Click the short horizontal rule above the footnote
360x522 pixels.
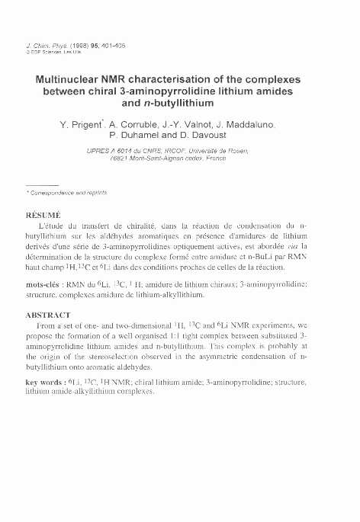pos(42,185)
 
